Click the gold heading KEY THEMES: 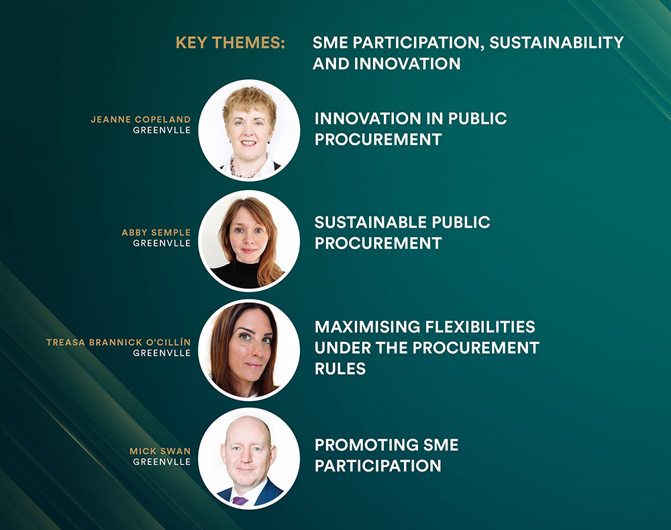coord(230,43)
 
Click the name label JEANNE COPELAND coord(141,120)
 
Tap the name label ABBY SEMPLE coord(156,232)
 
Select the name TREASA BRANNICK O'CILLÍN coord(119,343)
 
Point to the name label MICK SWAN coord(160,451)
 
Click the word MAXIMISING coord(368,327)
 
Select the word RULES coord(340,369)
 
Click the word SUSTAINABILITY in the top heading coord(556,43)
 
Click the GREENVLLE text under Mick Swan coord(162,462)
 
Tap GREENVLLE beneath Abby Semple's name coord(162,243)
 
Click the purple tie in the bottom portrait coord(240,500)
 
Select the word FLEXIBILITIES coord(480,327)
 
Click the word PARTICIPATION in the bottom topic coord(378,466)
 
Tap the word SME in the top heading coord(330,43)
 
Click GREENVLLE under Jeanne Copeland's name coord(162,130)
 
